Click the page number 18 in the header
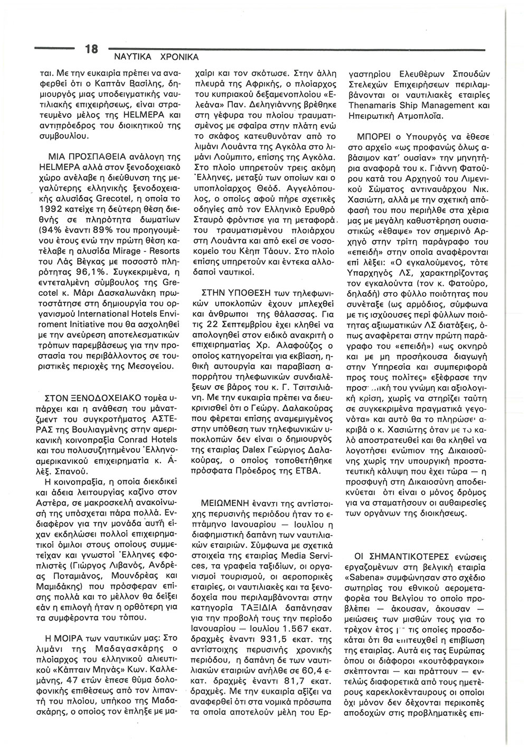91,49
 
